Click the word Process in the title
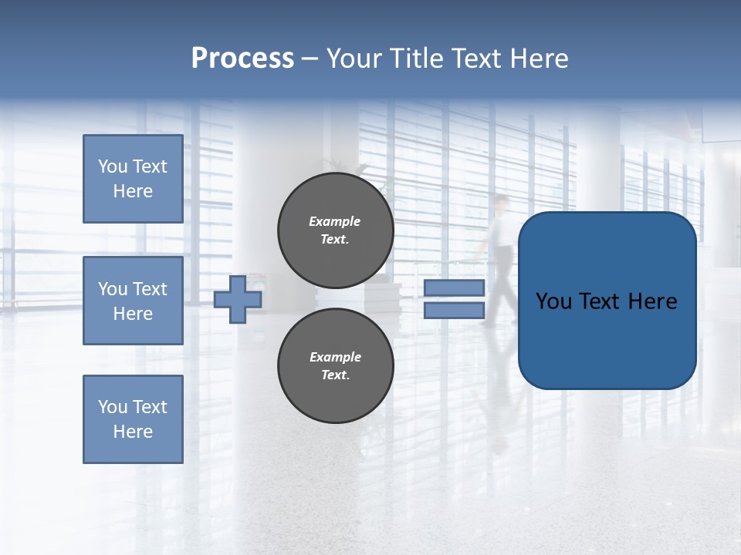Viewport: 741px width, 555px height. [x=242, y=59]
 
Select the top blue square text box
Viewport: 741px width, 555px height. [x=133, y=179]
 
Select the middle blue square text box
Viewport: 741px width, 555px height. [x=133, y=301]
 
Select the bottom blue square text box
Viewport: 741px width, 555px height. [x=133, y=419]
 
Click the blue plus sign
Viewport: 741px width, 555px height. [x=238, y=300]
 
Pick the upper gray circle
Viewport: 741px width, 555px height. [x=336, y=230]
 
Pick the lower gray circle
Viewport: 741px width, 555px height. [x=336, y=366]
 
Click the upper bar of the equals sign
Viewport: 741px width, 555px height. [x=454, y=288]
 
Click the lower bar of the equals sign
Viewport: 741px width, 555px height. [x=454, y=311]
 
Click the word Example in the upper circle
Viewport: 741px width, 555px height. [x=335, y=221]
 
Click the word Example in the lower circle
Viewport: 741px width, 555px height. [x=335, y=357]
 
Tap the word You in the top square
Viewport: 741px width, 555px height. [x=113, y=166]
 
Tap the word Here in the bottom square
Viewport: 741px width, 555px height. [x=133, y=432]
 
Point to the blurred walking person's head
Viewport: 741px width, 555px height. [x=502, y=203]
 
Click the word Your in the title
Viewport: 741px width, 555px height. [x=352, y=59]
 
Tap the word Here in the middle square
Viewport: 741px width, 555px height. [x=133, y=314]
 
